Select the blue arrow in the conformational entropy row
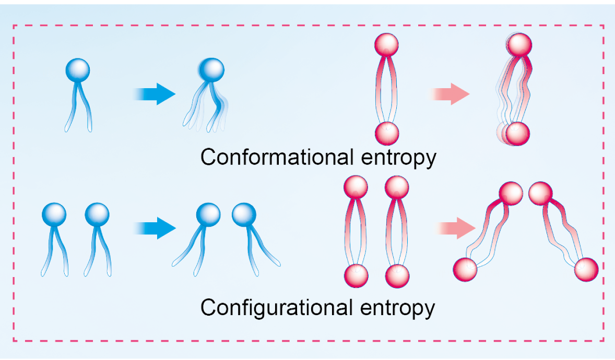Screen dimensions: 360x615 point(156,94)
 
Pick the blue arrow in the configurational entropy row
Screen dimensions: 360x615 point(156,228)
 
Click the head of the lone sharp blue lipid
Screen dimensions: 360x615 point(78,69)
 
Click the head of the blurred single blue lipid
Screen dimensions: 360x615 point(212,68)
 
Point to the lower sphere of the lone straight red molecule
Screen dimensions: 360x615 point(387,133)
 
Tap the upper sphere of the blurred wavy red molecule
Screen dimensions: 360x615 point(519,44)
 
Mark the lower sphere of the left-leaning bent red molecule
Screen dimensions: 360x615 point(464,269)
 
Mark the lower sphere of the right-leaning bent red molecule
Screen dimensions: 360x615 point(586,269)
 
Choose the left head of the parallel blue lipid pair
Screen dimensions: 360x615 point(54,214)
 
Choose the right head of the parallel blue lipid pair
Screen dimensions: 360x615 point(97,214)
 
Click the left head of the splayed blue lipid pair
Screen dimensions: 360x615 point(208,214)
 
